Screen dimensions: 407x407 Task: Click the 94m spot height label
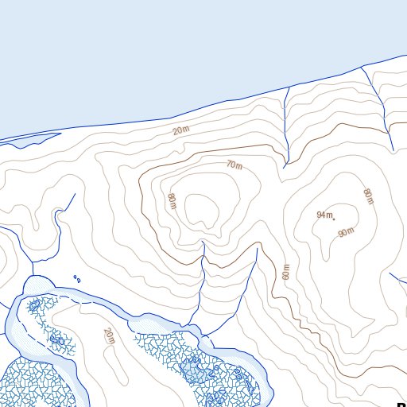(x=324, y=215)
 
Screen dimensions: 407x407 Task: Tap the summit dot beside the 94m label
(x=334, y=219)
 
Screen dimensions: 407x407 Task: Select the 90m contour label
(x=345, y=232)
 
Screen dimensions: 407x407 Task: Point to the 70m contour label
(x=234, y=165)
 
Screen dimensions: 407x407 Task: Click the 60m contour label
(x=286, y=270)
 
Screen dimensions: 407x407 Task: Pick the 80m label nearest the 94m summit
(x=367, y=196)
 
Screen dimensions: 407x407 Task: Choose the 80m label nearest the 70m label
(x=171, y=201)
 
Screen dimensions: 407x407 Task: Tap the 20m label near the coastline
(x=181, y=130)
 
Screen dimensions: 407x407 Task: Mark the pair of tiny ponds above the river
(x=77, y=278)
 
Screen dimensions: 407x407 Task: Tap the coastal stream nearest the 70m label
(x=285, y=127)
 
